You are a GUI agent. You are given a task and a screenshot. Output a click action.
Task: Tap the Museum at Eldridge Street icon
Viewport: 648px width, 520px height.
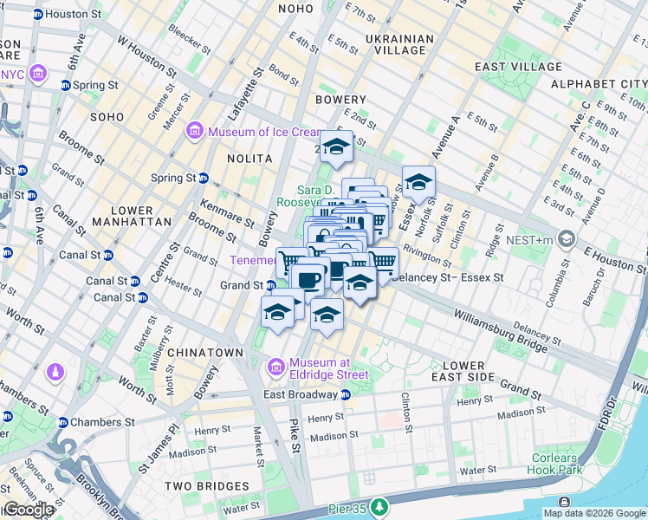276,368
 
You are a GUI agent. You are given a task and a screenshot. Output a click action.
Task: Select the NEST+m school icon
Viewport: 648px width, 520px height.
567,237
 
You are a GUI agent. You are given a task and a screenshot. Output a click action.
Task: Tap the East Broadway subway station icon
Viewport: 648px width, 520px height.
346,395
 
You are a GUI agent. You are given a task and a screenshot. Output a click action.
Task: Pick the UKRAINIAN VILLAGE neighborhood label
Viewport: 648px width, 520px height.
399,45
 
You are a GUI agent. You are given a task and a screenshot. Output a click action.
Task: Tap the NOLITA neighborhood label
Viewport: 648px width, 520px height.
249,159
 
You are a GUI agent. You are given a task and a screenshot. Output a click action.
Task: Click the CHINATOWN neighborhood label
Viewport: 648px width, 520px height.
205,353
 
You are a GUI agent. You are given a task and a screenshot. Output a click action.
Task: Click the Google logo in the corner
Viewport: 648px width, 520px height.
28,510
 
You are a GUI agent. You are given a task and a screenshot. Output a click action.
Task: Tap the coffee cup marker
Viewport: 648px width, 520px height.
308,279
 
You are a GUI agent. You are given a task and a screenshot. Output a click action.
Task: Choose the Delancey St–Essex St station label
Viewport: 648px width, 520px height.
448,277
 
